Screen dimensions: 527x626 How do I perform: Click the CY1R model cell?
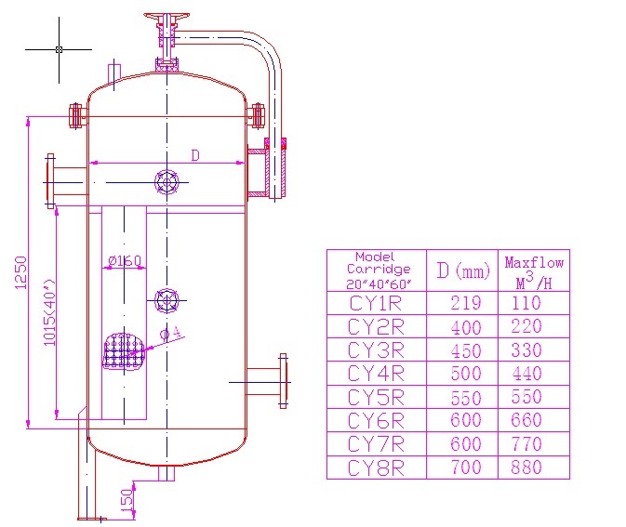pyautogui.click(x=376, y=303)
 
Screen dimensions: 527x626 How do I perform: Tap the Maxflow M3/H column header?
pyautogui.click(x=534, y=270)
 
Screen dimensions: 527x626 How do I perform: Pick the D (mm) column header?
pyautogui.click(x=462, y=270)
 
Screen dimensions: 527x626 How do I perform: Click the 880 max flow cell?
pyautogui.click(x=526, y=468)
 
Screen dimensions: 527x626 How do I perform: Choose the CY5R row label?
pyautogui.click(x=376, y=398)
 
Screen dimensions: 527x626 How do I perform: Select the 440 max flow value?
pyautogui.click(x=526, y=374)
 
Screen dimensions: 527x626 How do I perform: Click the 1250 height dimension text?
pyautogui.click(x=21, y=271)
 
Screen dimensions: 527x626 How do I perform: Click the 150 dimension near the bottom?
pyautogui.click(x=127, y=502)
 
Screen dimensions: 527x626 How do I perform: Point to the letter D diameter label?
pyautogui.click(x=195, y=155)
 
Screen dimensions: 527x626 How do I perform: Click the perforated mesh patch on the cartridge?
pyautogui.click(x=123, y=351)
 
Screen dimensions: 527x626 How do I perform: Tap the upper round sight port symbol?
pyautogui.click(x=166, y=181)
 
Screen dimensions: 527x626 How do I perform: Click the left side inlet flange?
pyautogui.click(x=51, y=180)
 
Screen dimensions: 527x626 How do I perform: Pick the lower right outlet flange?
pyautogui.click(x=283, y=380)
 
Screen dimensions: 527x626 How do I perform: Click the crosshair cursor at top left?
pyautogui.click(x=59, y=48)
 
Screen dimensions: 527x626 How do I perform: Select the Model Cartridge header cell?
pyautogui.click(x=376, y=270)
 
